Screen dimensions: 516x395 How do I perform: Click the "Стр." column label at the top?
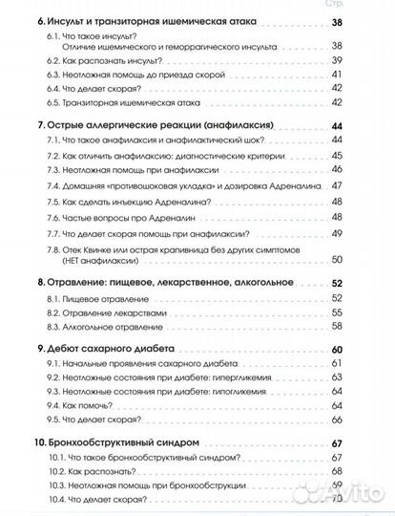point(364,5)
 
